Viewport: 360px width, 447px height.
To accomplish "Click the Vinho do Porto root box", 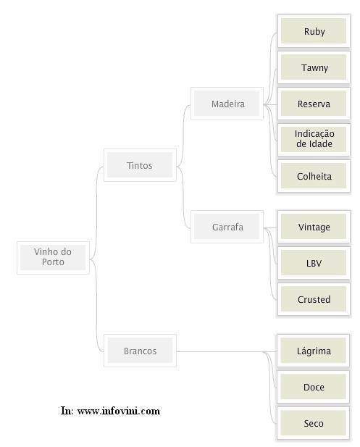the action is (x=53, y=257).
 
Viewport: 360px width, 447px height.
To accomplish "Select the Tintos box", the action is (x=140, y=165).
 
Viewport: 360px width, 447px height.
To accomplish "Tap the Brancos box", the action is (x=140, y=351).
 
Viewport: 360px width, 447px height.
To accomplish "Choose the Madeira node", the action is (x=227, y=104).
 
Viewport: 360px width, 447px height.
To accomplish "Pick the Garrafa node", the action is (x=227, y=227).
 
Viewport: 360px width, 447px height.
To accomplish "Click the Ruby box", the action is (x=314, y=30).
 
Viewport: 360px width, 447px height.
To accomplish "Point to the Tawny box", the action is (x=314, y=67).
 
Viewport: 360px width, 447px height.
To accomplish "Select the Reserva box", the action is (x=314, y=104).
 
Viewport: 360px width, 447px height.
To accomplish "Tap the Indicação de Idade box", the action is (x=314, y=140).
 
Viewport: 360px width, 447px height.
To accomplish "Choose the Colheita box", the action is (x=314, y=176).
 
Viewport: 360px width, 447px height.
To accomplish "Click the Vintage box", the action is (x=314, y=227).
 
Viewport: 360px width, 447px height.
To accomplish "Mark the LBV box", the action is (x=314, y=263).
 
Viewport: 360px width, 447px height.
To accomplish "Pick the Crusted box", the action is (x=314, y=299).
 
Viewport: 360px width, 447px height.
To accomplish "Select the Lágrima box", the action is (x=313, y=351).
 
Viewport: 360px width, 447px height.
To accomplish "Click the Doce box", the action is (x=313, y=387).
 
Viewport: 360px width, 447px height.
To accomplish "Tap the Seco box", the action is (x=313, y=423).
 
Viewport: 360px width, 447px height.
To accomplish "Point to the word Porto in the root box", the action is (x=53, y=262).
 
